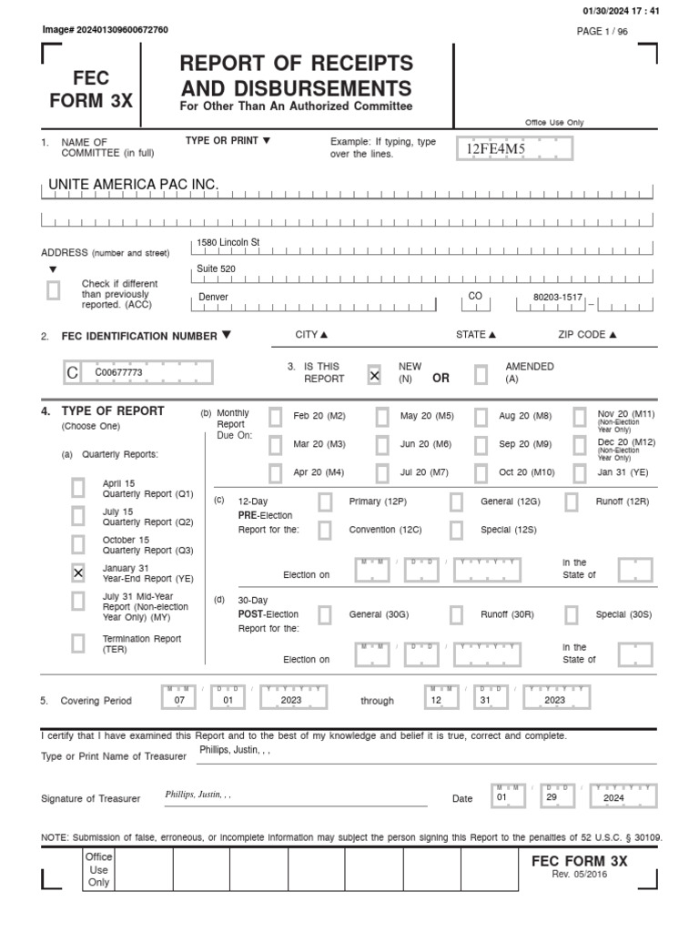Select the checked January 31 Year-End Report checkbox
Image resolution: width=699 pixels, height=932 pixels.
tap(78, 572)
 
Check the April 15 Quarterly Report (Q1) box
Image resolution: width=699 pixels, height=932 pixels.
tap(78, 488)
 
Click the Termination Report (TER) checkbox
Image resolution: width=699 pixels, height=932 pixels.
tap(78, 643)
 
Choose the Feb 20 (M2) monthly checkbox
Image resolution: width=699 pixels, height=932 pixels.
tap(275, 416)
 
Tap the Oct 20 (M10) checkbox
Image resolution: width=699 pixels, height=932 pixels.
tap(481, 472)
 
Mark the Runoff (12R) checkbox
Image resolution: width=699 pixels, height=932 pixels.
tap(572, 501)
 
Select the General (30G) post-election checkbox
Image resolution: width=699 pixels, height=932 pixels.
tap(325, 614)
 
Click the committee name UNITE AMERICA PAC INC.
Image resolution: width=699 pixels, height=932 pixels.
tap(133, 185)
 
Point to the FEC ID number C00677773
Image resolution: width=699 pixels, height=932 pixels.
tap(118, 372)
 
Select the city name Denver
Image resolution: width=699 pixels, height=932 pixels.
tap(214, 298)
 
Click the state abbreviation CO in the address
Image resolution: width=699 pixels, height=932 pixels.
tap(474, 296)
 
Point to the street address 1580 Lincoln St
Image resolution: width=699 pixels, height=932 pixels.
tap(228, 242)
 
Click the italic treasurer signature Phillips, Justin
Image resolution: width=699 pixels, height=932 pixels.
tap(198, 794)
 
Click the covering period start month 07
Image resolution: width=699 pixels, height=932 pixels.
tap(178, 700)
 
